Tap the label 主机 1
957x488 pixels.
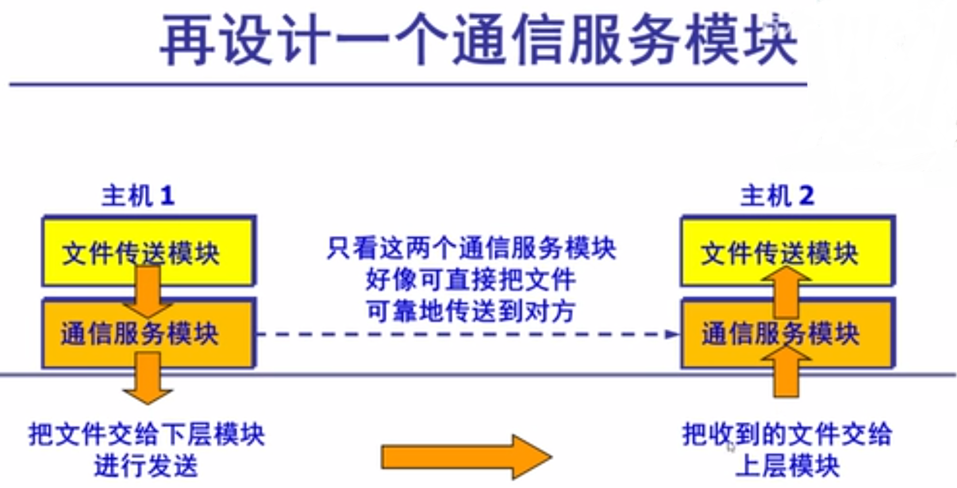[x=137, y=196]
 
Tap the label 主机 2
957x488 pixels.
[x=777, y=196]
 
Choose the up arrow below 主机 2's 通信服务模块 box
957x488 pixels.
[x=786, y=373]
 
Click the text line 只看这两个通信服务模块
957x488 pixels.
[x=471, y=249]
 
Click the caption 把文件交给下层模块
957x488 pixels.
[x=147, y=435]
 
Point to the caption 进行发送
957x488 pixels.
[x=146, y=466]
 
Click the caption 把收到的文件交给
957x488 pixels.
[x=787, y=435]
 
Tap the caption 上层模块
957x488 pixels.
[x=787, y=466]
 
